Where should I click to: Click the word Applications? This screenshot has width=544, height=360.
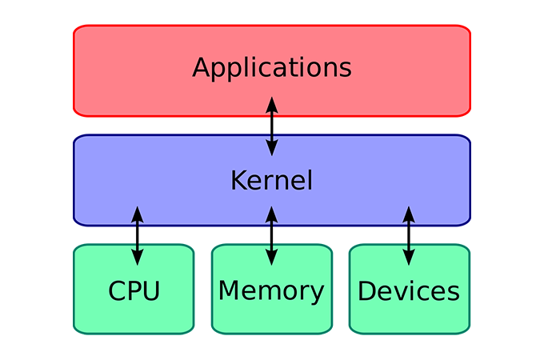coord(272,67)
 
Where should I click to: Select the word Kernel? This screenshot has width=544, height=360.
coord(271,180)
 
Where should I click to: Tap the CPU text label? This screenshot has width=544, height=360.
coord(134,290)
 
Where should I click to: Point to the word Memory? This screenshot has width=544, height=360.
coord(271,290)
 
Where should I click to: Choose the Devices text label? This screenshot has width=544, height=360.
coord(409,290)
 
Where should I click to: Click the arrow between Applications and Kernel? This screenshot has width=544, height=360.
coord(272,126)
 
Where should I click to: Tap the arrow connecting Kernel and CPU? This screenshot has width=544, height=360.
coord(137,235)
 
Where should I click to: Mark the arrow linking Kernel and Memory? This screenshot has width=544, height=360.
coord(271,235)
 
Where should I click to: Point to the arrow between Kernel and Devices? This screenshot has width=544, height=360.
coord(409,235)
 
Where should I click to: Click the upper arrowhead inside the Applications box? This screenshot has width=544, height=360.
coord(272,104)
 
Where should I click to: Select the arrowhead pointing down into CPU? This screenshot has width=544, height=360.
coord(137,258)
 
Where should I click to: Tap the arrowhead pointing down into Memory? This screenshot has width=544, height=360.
coord(271,258)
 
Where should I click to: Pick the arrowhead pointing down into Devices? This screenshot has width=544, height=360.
coord(409,258)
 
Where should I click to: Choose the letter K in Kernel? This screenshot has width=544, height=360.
coord(238,180)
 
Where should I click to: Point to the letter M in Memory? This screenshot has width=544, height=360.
coord(230,290)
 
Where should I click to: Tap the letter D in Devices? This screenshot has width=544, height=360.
coord(367,290)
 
